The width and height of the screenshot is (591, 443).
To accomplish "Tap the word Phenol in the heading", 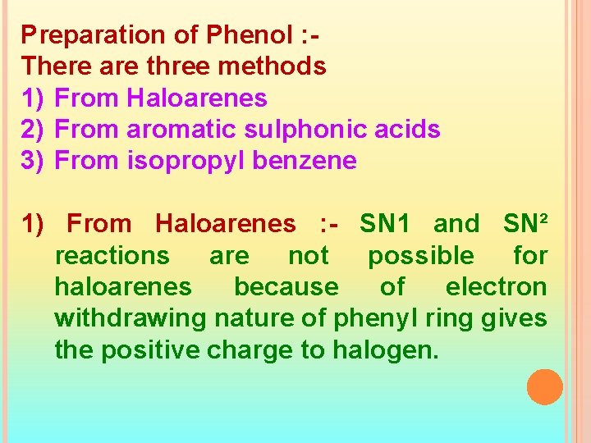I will (245, 35).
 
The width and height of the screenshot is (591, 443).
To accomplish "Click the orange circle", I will (544, 387).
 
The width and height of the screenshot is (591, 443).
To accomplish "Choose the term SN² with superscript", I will (525, 223).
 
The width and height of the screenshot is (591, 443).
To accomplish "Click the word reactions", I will (112, 256).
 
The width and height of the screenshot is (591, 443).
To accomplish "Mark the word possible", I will (420, 256).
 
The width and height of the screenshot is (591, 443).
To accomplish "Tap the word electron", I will (496, 287).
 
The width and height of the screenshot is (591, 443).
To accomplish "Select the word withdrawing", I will (131, 318).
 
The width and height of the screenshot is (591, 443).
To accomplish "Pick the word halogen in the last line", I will (385, 350).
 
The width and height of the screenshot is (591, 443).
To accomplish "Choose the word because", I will (286, 287).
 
